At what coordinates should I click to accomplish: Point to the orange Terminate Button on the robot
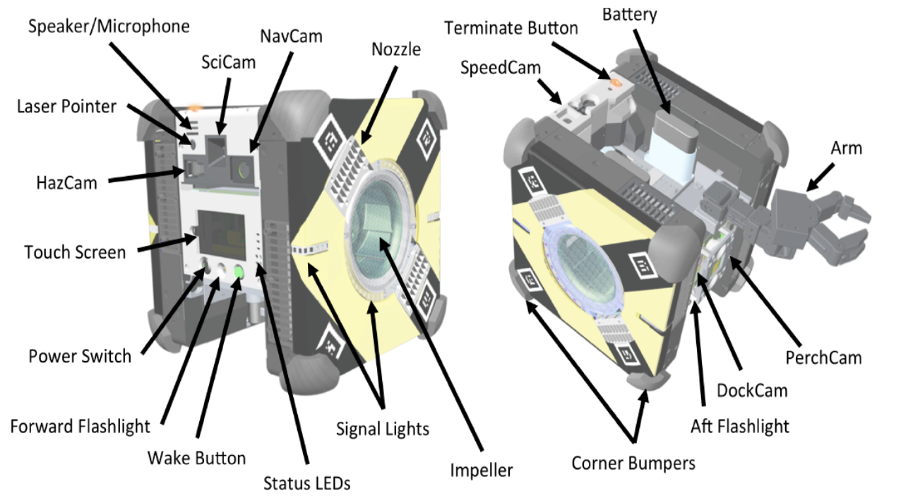coord(614,81)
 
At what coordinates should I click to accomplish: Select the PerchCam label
coord(823,357)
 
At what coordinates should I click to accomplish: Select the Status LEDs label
coord(307,483)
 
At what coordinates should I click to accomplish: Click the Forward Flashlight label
coord(80,427)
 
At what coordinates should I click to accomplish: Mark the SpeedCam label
coord(501,69)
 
